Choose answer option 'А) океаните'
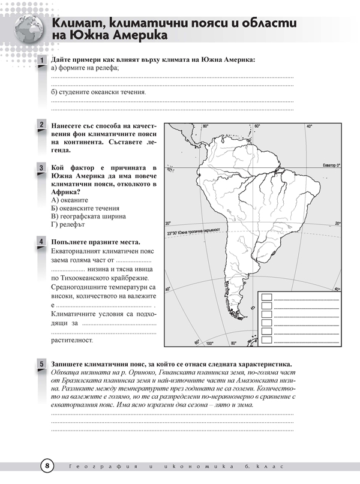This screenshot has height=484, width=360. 70,200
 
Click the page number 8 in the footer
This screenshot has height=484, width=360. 48,466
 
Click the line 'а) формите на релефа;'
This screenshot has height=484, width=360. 85,68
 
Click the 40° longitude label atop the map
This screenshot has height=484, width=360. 310,127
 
